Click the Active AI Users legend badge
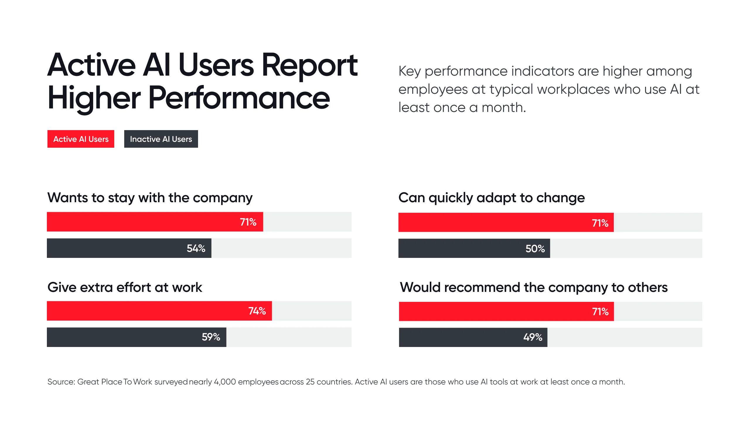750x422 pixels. (81, 139)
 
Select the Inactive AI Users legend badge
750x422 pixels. (161, 139)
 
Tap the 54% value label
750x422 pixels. (196, 249)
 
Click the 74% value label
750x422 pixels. (257, 311)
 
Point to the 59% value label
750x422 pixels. (211, 337)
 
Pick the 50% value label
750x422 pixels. (535, 249)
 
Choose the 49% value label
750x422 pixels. (533, 337)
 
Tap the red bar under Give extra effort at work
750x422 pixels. (146, 311)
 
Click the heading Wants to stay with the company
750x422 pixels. (150, 198)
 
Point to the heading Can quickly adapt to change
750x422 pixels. (491, 198)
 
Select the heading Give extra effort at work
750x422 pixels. (125, 287)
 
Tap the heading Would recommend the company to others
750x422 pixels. (533, 287)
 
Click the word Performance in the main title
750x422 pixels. (239, 98)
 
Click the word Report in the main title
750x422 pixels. (309, 66)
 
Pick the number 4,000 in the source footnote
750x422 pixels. (225, 382)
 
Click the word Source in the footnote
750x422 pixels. (61, 382)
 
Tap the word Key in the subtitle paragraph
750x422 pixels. (410, 72)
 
